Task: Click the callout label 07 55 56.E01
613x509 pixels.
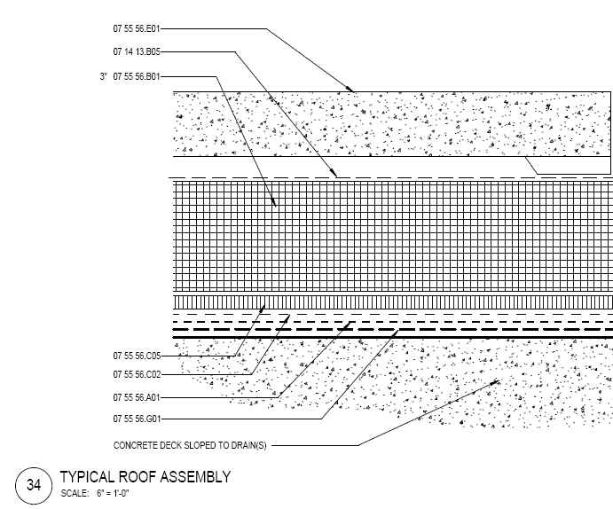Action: (137, 29)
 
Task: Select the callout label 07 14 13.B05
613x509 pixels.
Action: (137, 52)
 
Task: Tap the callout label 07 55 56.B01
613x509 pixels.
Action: (137, 76)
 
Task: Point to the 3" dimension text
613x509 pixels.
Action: (103, 76)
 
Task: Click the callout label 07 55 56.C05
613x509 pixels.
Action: (137, 356)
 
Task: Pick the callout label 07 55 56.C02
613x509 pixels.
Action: (137, 374)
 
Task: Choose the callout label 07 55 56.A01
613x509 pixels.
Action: (137, 397)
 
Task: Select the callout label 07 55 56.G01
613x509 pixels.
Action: (137, 419)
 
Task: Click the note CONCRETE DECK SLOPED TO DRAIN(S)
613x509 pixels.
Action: (190, 446)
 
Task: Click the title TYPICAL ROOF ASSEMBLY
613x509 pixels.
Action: (145, 477)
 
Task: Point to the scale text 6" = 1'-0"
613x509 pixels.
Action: (113, 493)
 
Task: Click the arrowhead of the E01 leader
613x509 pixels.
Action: (350, 89)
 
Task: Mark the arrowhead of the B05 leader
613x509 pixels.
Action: (333, 173)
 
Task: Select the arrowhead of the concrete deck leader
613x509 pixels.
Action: (494, 383)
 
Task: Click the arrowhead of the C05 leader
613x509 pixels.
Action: (262, 309)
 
